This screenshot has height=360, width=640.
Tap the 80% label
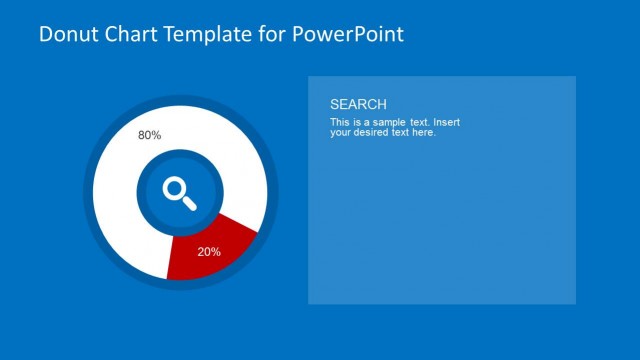[149, 135]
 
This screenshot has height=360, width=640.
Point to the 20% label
[209, 252]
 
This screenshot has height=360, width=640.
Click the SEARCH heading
[358, 104]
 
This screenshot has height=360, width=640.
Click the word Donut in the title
[68, 35]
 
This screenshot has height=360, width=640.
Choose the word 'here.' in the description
[423, 132]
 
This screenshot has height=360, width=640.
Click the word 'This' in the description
[339, 122]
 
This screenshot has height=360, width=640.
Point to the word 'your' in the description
[340, 132]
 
